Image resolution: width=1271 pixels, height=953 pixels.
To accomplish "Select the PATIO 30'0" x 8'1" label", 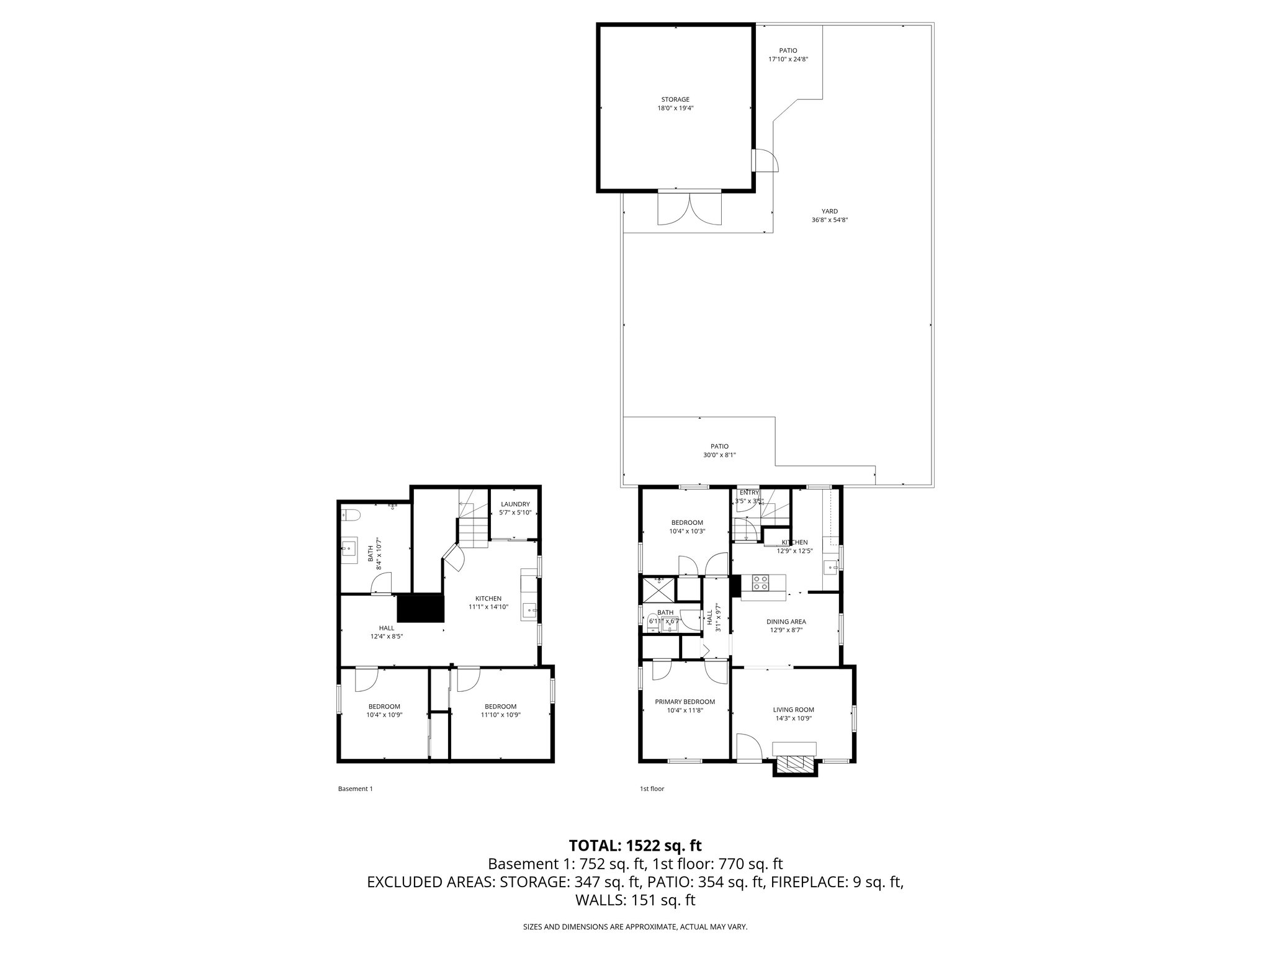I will tap(719, 450).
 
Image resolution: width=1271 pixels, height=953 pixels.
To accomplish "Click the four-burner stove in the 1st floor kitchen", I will tap(761, 583).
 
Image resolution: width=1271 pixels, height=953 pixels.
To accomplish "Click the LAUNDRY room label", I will tap(515, 508).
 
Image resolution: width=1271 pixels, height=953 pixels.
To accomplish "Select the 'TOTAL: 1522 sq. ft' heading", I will tap(635, 846).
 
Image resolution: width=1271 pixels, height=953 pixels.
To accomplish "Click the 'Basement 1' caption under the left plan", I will tap(355, 789).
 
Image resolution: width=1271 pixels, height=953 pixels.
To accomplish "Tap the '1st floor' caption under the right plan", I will tap(652, 789).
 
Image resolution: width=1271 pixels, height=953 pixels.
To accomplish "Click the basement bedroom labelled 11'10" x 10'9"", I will tap(500, 710).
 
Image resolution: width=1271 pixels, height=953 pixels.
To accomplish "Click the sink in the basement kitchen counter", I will tap(529, 610).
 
